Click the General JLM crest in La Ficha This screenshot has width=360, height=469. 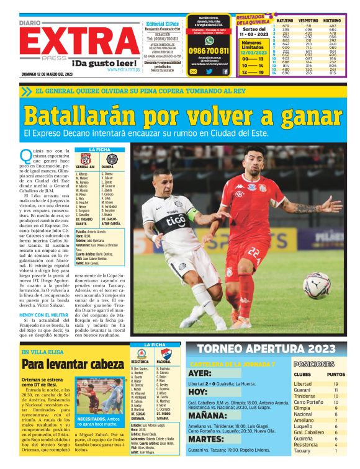(85, 159)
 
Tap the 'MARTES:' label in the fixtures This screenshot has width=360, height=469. (205, 442)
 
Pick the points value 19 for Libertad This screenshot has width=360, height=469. (336, 385)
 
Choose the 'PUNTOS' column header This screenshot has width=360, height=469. (336, 375)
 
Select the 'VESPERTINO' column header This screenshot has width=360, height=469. (308, 21)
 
